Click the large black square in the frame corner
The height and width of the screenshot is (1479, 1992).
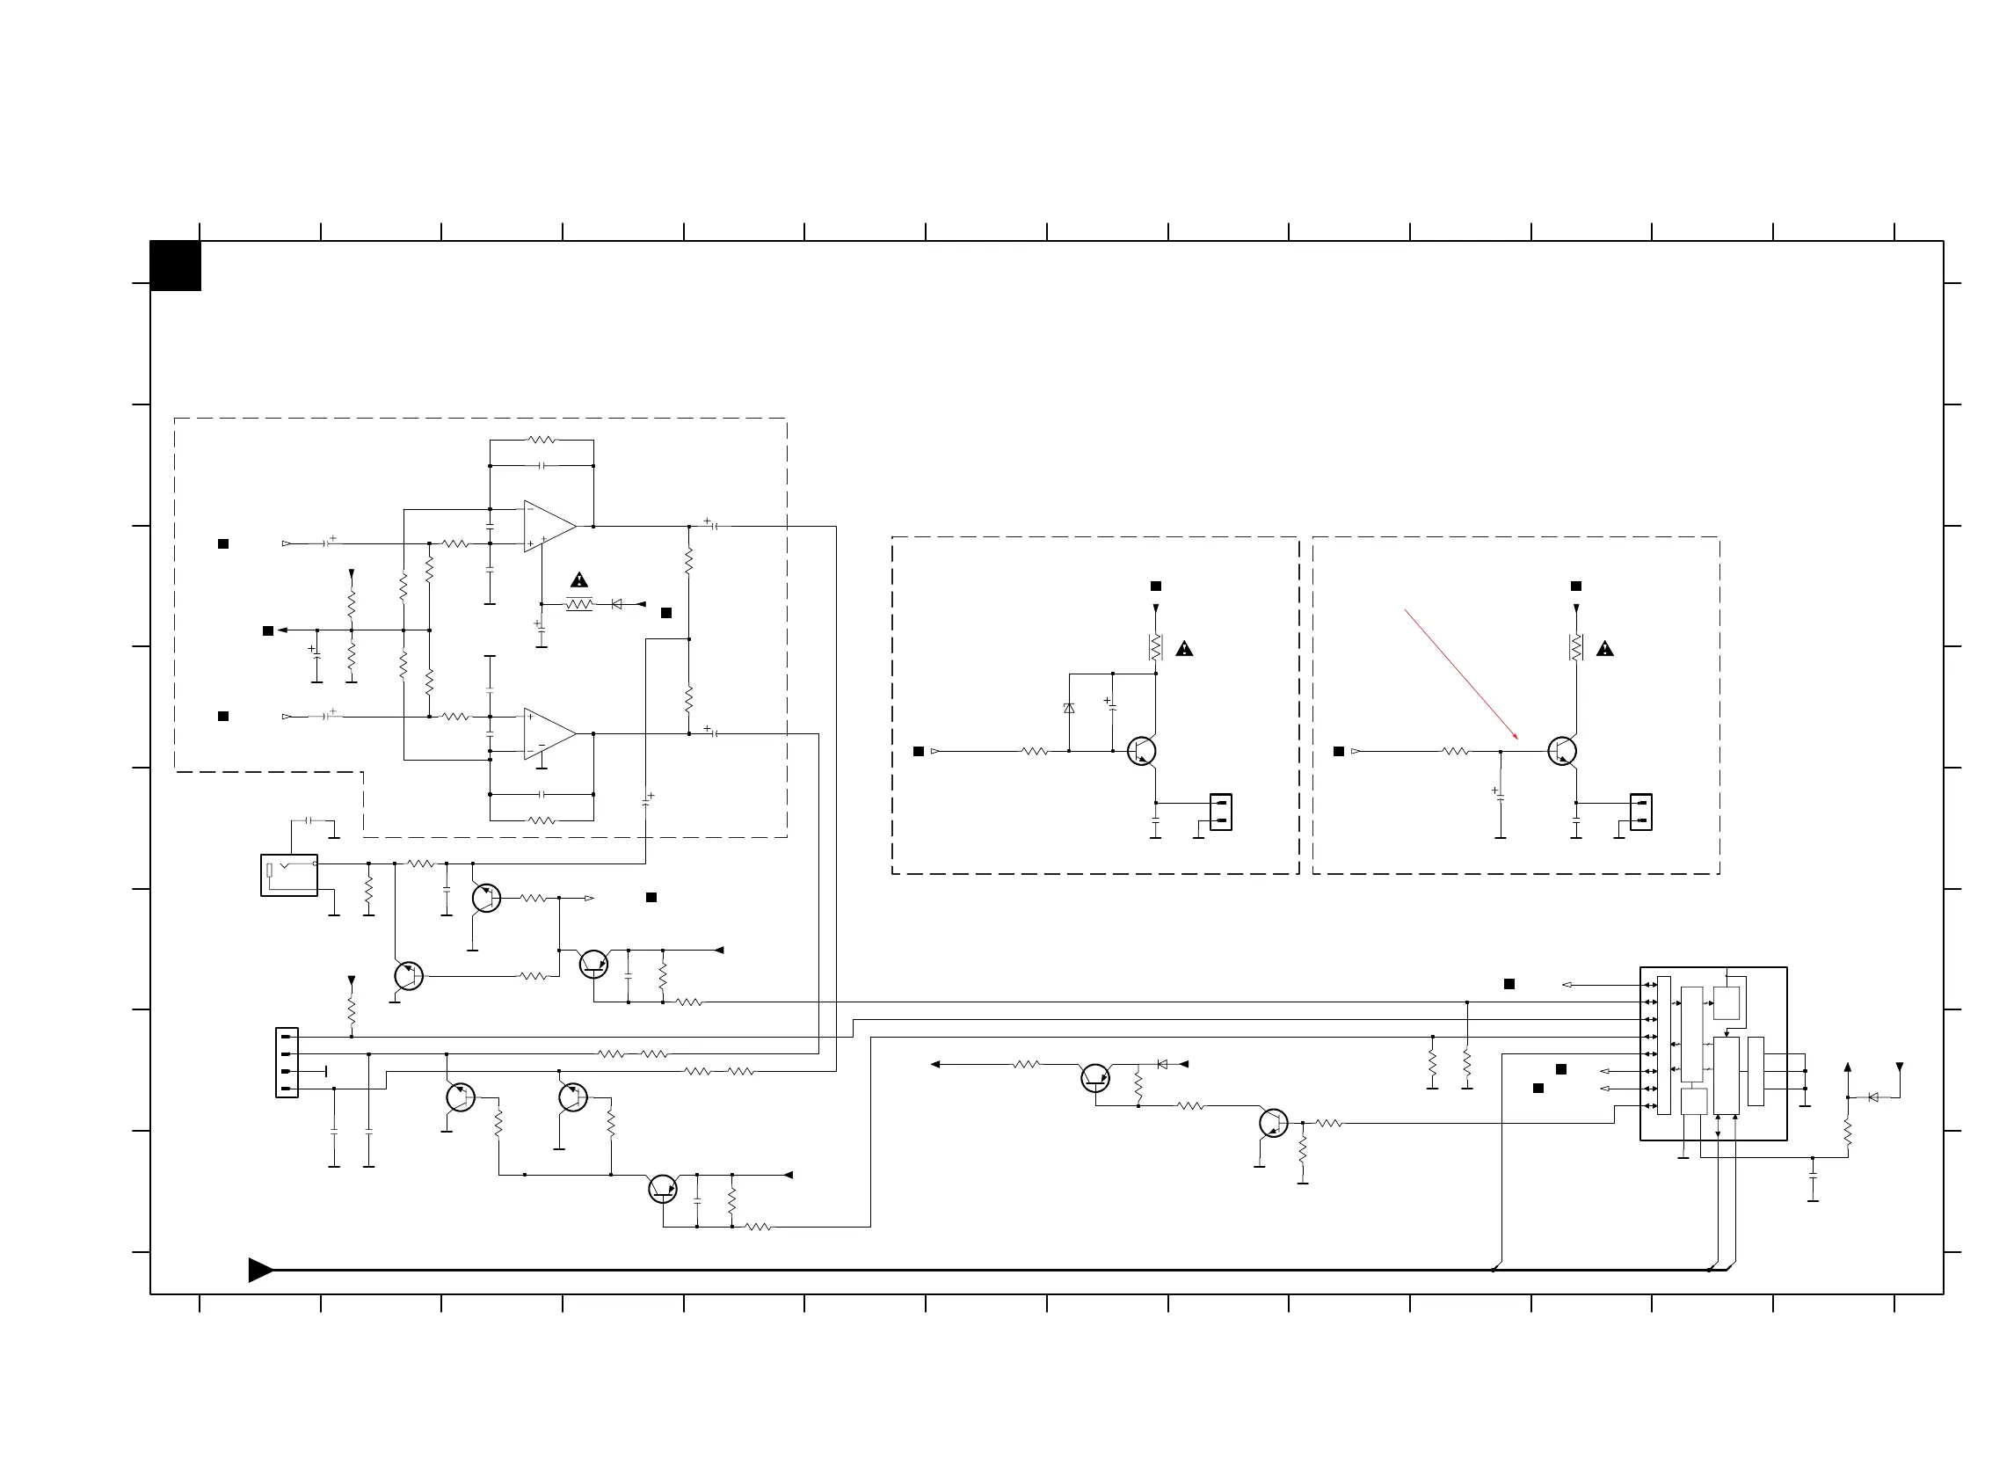[x=176, y=266]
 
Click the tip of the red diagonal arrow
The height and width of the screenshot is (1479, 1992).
[x=1517, y=739]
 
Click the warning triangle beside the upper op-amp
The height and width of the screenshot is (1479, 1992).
[x=579, y=580]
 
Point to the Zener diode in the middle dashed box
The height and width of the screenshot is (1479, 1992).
[x=1068, y=708]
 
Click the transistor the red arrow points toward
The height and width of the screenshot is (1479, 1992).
[x=1561, y=751]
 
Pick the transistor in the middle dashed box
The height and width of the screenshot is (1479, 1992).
[x=1141, y=751]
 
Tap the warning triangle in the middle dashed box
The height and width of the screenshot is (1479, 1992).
[x=1184, y=649]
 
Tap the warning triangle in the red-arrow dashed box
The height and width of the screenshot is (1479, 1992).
[x=1604, y=649]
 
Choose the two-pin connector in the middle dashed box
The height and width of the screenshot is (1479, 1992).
[x=1221, y=812]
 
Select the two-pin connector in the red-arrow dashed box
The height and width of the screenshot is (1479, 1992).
[x=1640, y=812]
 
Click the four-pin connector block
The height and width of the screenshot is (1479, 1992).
[x=287, y=1063]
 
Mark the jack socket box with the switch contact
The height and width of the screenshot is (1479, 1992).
[x=289, y=875]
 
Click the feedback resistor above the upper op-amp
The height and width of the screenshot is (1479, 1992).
[x=542, y=441]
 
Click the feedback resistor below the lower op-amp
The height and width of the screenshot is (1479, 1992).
[x=542, y=820]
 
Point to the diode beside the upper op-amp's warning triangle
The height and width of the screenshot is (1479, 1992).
[x=615, y=604]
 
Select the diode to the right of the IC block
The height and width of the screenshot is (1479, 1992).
[x=1873, y=1097]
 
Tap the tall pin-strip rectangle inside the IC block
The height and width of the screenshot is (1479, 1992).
[x=1663, y=1045]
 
